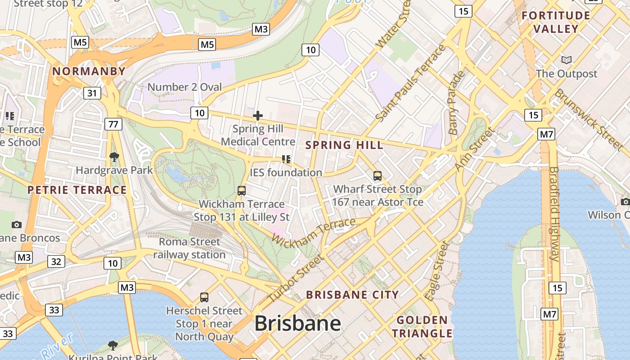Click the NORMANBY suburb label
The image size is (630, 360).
click(89, 71)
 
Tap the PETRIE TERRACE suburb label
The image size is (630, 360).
click(77, 190)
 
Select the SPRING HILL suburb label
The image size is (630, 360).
click(344, 145)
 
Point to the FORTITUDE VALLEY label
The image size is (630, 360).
click(556, 22)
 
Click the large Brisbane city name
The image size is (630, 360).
click(297, 324)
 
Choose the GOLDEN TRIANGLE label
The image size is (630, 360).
click(422, 327)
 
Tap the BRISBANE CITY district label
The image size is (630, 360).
click(352, 295)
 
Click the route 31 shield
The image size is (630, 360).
click(92, 93)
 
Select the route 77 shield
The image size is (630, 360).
click(113, 124)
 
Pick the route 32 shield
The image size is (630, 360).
click(56, 261)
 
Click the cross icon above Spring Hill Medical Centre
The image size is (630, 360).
click(258, 116)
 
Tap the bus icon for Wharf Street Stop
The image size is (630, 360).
click(378, 176)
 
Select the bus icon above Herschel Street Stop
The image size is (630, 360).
click(204, 297)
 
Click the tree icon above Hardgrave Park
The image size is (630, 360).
click(114, 157)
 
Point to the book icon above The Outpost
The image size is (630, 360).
click(567, 60)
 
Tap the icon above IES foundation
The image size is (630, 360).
click(286, 159)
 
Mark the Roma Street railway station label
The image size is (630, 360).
click(189, 248)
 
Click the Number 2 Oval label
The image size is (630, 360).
click(184, 87)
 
